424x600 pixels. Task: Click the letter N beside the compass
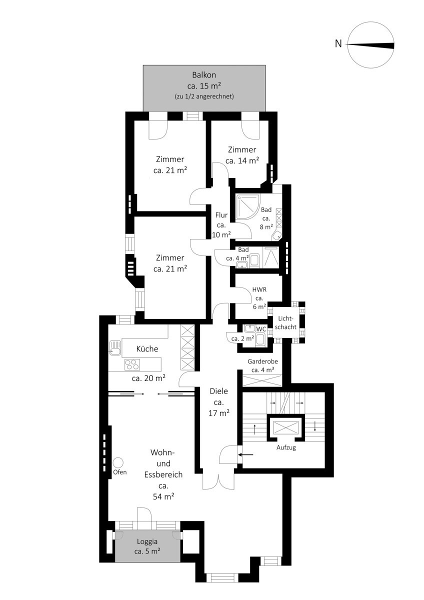pos(338,43)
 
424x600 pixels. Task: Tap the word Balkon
pos(204,74)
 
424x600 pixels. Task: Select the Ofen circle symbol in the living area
pos(118,462)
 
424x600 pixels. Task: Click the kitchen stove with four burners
pos(132,364)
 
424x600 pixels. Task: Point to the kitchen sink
pos(115,347)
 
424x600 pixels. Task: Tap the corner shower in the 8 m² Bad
pos(248,206)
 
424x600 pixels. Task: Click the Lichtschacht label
pos(285,322)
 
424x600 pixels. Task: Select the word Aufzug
pos(286,447)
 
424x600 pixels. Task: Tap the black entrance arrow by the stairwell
pos(245,454)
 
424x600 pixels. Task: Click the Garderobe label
pos(262,361)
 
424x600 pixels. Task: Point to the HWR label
pos(259,289)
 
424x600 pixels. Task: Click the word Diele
pos(219,391)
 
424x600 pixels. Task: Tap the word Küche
pos(147,348)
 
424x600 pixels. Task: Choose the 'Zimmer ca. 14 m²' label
pos(242,155)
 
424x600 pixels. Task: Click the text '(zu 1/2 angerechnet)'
pos(204,96)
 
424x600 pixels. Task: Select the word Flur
pos(221,215)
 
